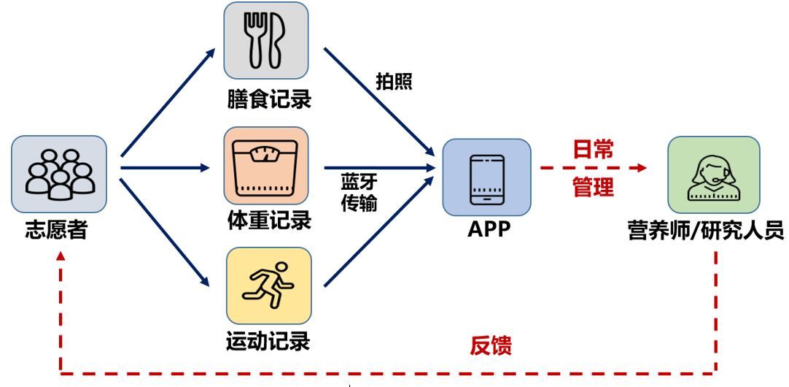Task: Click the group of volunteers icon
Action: [60, 173]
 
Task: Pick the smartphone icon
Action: [486, 180]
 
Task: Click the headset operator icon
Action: [713, 177]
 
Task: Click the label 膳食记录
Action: [268, 99]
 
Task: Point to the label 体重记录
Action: [268, 221]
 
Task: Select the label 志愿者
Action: [57, 230]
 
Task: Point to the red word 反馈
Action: [491, 346]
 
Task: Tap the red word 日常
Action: [594, 149]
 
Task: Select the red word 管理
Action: [594, 188]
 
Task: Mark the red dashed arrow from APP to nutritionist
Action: [594, 168]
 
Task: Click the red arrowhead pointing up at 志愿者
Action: [61, 256]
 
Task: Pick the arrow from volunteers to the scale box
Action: [165, 168]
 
